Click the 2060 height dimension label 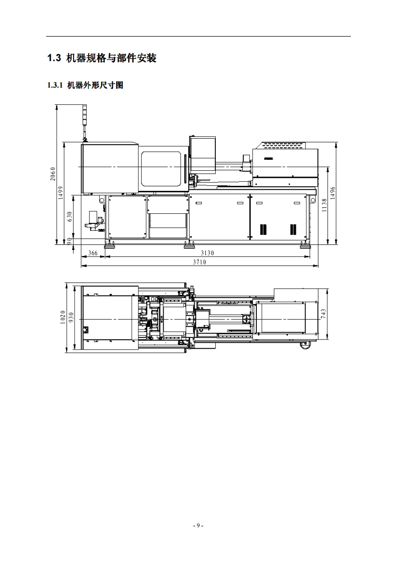tap(53, 174)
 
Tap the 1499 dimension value tap(61, 193)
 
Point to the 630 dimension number tap(70, 216)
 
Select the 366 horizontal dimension tap(93, 253)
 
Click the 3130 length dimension tap(207, 253)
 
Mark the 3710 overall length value tap(200, 262)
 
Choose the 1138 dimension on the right tap(324, 205)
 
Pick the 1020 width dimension tap(63, 318)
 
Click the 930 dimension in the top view tap(71, 317)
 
